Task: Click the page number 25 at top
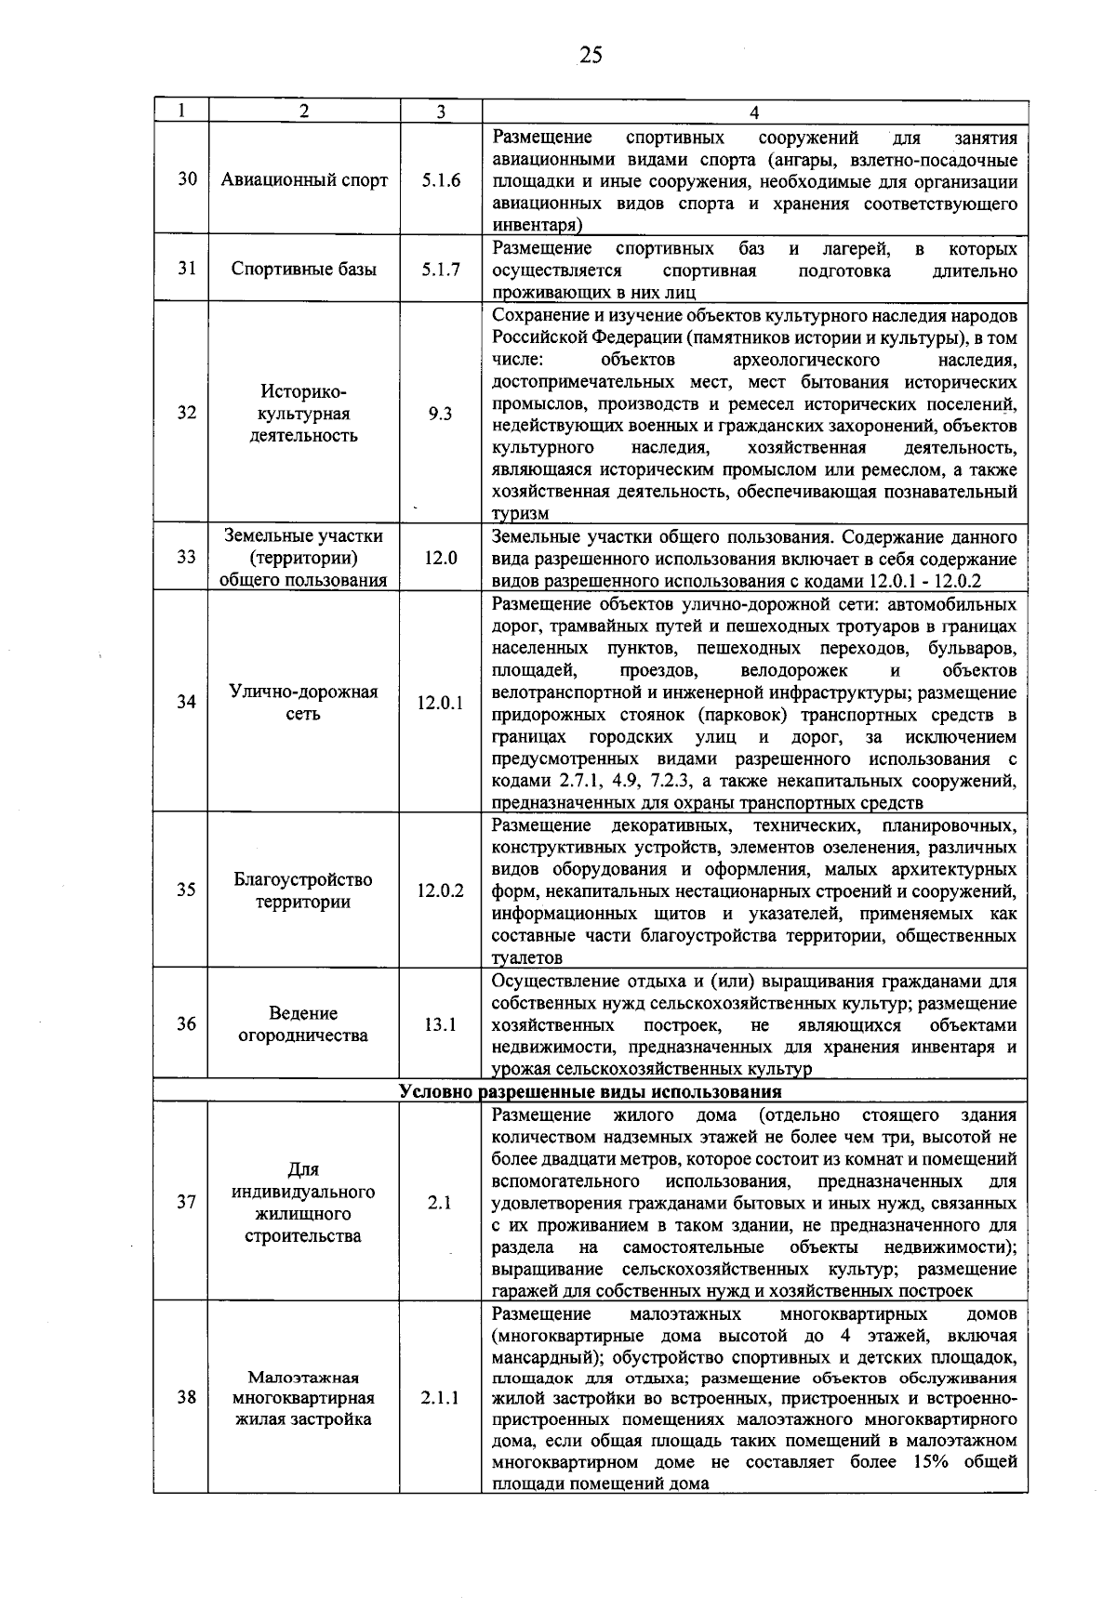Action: coord(590,56)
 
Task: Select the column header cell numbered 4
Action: coord(753,112)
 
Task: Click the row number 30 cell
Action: coord(187,179)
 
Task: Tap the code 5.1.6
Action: coord(440,180)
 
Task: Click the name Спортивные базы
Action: coord(304,270)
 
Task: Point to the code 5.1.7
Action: coord(440,270)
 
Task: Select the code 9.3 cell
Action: coord(440,415)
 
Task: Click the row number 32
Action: coord(187,414)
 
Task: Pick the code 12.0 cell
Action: coord(440,558)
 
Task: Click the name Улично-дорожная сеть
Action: coord(304,703)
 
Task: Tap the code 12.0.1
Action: coord(440,704)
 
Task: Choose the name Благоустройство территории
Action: coord(304,890)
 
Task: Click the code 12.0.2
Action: coord(440,890)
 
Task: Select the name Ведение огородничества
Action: coord(304,1024)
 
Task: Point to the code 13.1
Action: coord(440,1024)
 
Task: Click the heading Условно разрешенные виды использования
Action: coord(590,1091)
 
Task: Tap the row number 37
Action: coord(187,1203)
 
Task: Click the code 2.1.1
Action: coord(440,1397)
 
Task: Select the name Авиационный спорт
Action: coord(304,180)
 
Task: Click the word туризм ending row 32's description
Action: coord(520,514)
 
